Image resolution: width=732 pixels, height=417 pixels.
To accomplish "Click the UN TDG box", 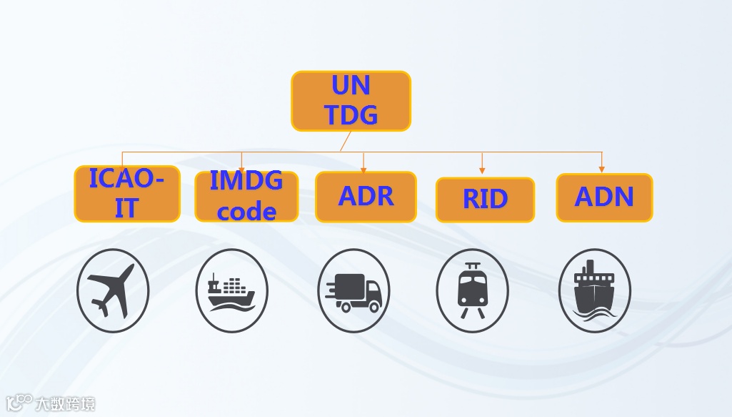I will point(351,101).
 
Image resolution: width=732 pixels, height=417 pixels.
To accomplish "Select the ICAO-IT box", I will point(126,194).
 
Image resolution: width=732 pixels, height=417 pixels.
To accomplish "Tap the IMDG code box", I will point(246,196).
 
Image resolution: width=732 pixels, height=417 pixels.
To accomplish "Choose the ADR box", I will point(366,197).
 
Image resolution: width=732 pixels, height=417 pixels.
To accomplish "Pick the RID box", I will point(485,200).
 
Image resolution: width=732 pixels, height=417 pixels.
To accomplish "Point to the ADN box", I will point(604,197).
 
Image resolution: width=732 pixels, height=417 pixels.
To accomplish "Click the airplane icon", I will point(113,290).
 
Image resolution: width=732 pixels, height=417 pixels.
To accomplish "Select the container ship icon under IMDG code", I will point(231,290).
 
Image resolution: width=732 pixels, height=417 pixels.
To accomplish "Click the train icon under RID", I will point(472,290).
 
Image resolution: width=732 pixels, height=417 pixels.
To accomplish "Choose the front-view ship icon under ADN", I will point(594,290).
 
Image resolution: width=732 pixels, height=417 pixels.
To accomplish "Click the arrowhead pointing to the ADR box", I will point(364,169).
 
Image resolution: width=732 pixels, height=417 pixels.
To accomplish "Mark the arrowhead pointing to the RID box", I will point(482,170).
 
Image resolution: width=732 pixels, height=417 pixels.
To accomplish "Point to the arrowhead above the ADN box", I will point(601,170).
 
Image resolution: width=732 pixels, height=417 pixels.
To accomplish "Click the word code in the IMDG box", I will point(247,211).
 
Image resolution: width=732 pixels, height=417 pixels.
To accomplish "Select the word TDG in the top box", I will point(351,114).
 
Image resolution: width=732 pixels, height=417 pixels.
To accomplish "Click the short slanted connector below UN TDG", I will point(344,142).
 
